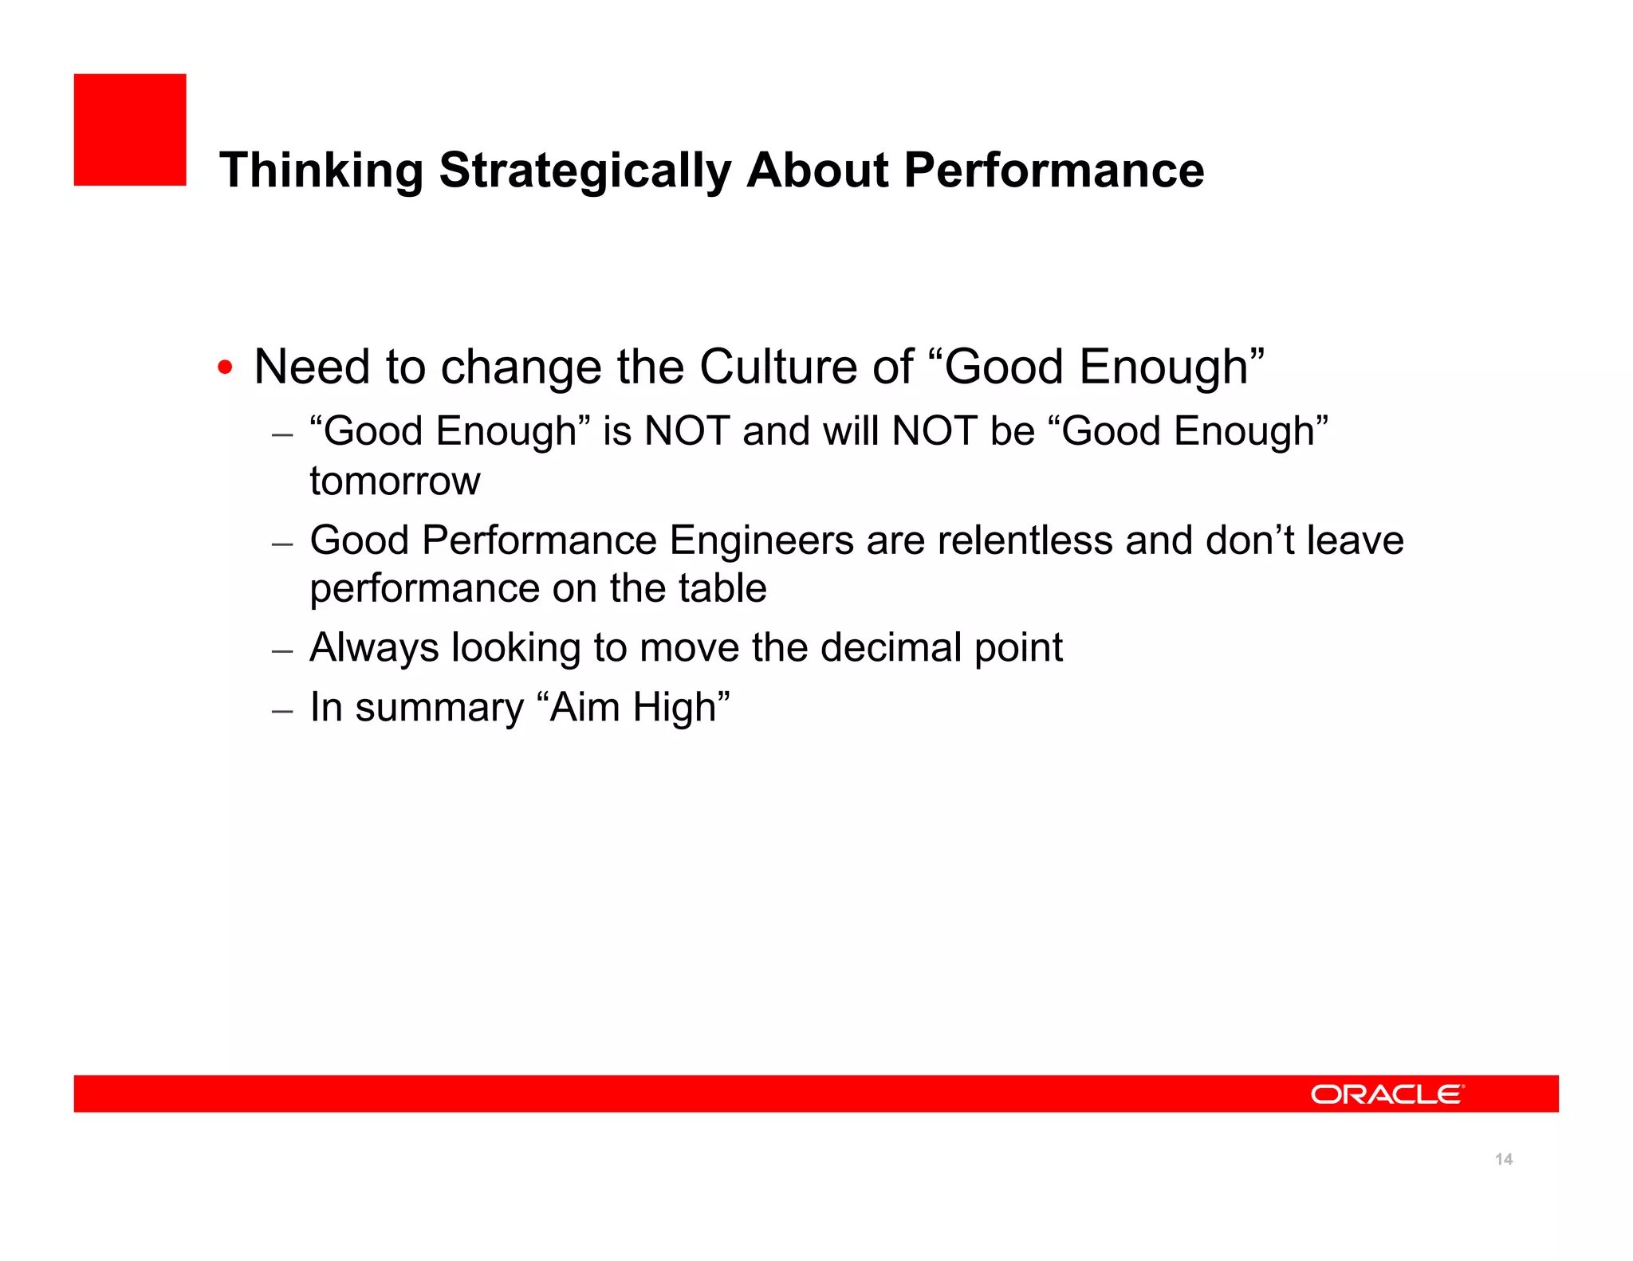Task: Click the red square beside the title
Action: tap(130, 130)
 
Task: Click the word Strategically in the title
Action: tap(584, 171)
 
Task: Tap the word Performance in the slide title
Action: tap(1053, 171)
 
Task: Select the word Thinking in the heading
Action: tap(321, 171)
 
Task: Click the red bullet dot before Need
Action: tap(226, 368)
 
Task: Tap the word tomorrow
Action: tap(395, 481)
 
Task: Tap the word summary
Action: tap(439, 708)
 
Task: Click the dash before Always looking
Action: tap(282, 650)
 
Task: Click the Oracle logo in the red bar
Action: tap(1387, 1094)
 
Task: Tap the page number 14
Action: tap(1503, 1159)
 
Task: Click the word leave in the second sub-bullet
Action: tap(1355, 540)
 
